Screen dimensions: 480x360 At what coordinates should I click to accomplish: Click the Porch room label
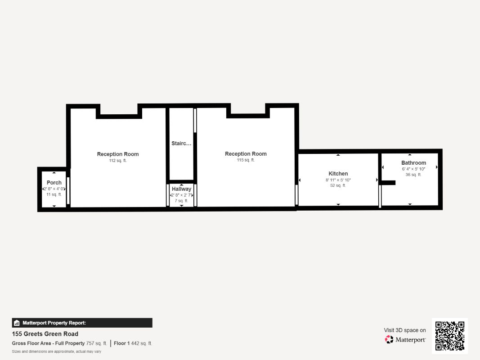pyautogui.click(x=54, y=183)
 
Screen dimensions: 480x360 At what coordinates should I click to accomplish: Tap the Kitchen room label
pyautogui.click(x=338, y=174)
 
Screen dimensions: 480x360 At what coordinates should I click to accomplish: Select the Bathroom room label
pyautogui.click(x=413, y=163)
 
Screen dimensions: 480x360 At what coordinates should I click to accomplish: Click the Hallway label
pyautogui.click(x=182, y=189)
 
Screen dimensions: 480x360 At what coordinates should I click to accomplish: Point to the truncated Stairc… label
pyautogui.click(x=181, y=143)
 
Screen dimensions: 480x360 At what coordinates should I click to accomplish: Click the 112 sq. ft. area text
pyautogui.click(x=118, y=161)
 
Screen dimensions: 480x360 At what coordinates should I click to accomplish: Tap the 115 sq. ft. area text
pyautogui.click(x=246, y=160)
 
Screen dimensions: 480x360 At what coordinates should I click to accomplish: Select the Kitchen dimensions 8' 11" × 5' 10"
pyautogui.click(x=338, y=180)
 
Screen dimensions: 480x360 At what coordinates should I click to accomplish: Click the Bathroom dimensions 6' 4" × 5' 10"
pyautogui.click(x=413, y=169)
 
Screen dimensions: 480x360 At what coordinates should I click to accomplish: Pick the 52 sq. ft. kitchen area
pyautogui.click(x=338, y=185)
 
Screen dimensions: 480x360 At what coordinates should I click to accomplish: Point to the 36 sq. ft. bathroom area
pyautogui.click(x=413, y=175)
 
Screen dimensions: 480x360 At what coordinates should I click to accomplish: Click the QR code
pyautogui.click(x=450, y=336)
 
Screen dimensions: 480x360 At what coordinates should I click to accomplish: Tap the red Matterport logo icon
pyautogui.click(x=389, y=339)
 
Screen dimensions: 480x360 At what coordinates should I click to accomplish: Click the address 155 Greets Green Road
pyautogui.click(x=45, y=334)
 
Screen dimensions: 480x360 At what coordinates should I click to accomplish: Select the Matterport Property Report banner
pyautogui.click(x=82, y=323)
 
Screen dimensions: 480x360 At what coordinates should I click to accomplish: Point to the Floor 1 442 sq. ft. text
pyautogui.click(x=133, y=343)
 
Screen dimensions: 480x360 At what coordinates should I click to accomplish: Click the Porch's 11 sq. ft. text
pyautogui.click(x=54, y=195)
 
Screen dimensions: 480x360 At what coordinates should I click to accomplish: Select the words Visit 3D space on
pyautogui.click(x=405, y=330)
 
